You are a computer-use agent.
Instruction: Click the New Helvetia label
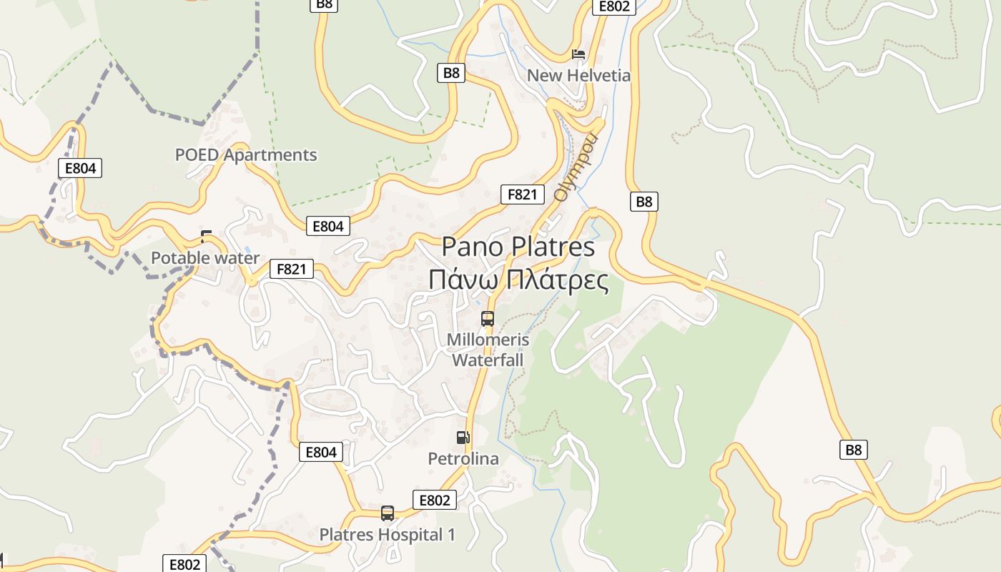[578, 75]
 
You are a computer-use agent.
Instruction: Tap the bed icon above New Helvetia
[578, 54]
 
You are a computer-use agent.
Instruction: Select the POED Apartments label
[246, 154]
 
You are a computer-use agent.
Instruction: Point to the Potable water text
[205, 257]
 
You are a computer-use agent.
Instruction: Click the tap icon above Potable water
[207, 237]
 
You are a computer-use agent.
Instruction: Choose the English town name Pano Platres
[518, 247]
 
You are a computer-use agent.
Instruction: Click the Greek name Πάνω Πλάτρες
[518, 280]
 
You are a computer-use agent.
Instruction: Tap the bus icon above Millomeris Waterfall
[488, 319]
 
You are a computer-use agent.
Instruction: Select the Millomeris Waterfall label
[488, 349]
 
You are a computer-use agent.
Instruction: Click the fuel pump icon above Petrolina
[463, 438]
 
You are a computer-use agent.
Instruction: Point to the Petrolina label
[463, 458]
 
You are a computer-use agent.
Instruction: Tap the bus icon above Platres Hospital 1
[388, 513]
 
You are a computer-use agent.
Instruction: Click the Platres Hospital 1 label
[387, 534]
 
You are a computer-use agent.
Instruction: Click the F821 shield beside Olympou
[523, 194]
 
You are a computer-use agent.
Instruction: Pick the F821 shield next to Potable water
[292, 269]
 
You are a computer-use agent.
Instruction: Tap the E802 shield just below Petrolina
[435, 500]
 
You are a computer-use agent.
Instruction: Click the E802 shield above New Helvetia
[613, 6]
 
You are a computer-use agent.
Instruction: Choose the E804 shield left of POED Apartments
[80, 168]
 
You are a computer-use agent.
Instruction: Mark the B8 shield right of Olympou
[644, 202]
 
